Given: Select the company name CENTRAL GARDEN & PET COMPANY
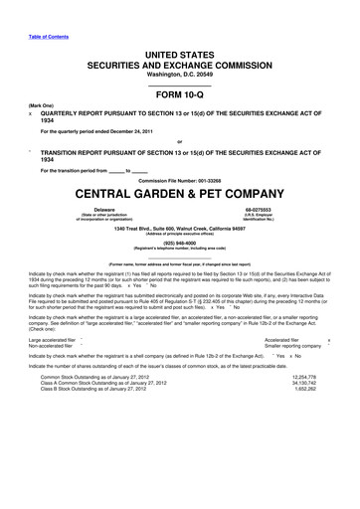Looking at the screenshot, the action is point(180,191).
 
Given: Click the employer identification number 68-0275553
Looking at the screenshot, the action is point(257,210).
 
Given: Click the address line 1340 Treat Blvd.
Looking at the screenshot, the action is point(180,228).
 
